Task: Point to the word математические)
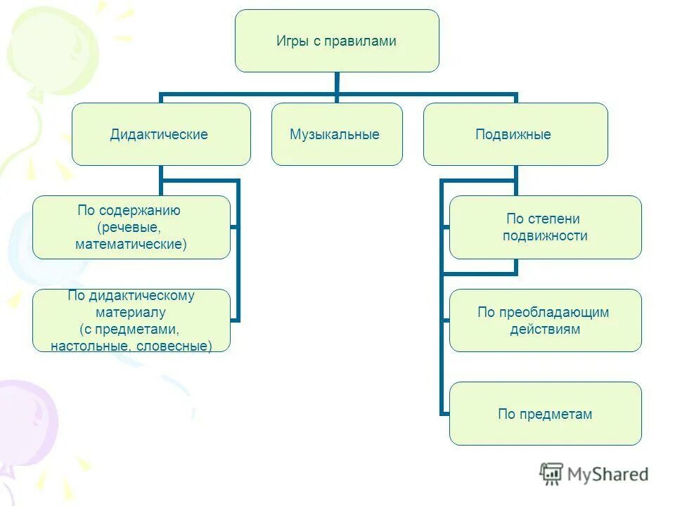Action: click(x=131, y=244)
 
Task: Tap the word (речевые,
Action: click(x=131, y=227)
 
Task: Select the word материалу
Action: click(x=131, y=313)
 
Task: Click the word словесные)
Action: click(x=175, y=346)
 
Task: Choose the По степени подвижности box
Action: click(x=546, y=227)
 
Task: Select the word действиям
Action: click(x=546, y=329)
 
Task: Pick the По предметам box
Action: click(x=546, y=414)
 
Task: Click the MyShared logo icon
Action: click(x=552, y=474)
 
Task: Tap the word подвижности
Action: click(x=546, y=235)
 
